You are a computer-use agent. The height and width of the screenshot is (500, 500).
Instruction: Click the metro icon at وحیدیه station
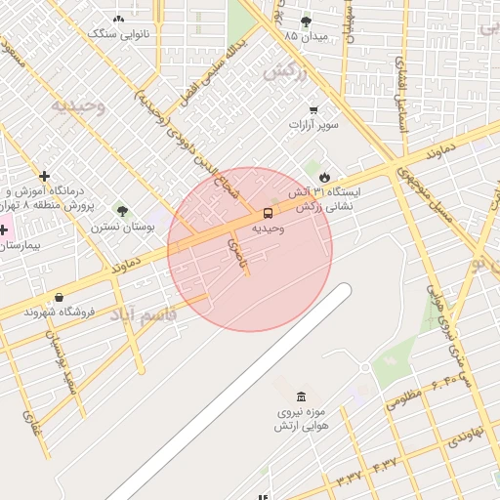pyautogui.click(x=267, y=213)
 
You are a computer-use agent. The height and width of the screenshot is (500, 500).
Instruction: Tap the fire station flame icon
pyautogui.click(x=338, y=177)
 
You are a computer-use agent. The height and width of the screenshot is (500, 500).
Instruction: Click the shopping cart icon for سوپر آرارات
pyautogui.click(x=312, y=110)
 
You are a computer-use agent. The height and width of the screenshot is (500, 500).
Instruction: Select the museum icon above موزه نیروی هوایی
pyautogui.click(x=300, y=396)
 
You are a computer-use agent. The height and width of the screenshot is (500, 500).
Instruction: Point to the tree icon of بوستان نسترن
pyautogui.click(x=122, y=211)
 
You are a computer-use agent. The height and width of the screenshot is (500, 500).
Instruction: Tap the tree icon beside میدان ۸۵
pyautogui.click(x=306, y=21)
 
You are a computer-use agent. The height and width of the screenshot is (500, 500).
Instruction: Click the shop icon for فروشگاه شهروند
pyautogui.click(x=61, y=298)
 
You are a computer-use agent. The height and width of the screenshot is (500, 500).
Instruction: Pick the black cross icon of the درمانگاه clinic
pyautogui.click(x=44, y=176)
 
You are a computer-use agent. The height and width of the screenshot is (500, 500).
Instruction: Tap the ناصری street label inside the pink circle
pyautogui.click(x=235, y=248)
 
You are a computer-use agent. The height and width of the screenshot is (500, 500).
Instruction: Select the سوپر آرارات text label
pyautogui.click(x=312, y=126)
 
